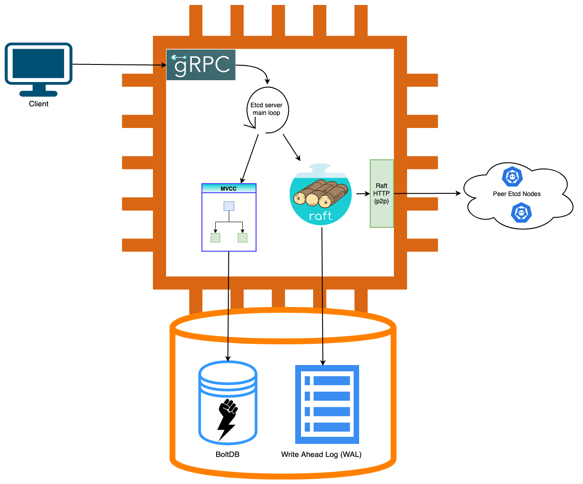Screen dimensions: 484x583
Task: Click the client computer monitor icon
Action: pyautogui.click(x=39, y=68)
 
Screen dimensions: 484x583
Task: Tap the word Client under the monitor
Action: pyautogui.click(x=39, y=104)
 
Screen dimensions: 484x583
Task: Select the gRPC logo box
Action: pyautogui.click(x=201, y=65)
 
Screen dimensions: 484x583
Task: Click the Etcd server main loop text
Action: pyautogui.click(x=266, y=109)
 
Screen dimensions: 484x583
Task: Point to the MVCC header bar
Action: pyautogui.click(x=229, y=188)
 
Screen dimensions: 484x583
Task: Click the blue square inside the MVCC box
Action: pyautogui.click(x=229, y=206)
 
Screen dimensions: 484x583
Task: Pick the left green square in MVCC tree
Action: pyautogui.click(x=216, y=237)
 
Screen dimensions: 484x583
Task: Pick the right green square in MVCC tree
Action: pyautogui.click(x=243, y=237)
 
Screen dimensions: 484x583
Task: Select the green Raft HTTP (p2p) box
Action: pyautogui.click(x=382, y=193)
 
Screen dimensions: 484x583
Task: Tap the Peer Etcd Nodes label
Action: pyautogui.click(x=517, y=194)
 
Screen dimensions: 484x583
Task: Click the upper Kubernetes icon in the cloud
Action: pyautogui.click(x=512, y=177)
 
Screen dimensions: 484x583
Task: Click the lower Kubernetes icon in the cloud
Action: pyautogui.click(x=521, y=212)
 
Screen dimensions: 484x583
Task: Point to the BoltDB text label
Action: pyautogui.click(x=227, y=454)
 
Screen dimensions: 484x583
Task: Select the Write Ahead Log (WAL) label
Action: pyautogui.click(x=321, y=454)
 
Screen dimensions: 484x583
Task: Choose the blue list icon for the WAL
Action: pyautogui.click(x=327, y=404)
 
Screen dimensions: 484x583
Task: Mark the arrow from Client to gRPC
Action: pyautogui.click(x=120, y=65)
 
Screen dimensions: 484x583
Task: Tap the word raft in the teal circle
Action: pyautogui.click(x=320, y=216)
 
